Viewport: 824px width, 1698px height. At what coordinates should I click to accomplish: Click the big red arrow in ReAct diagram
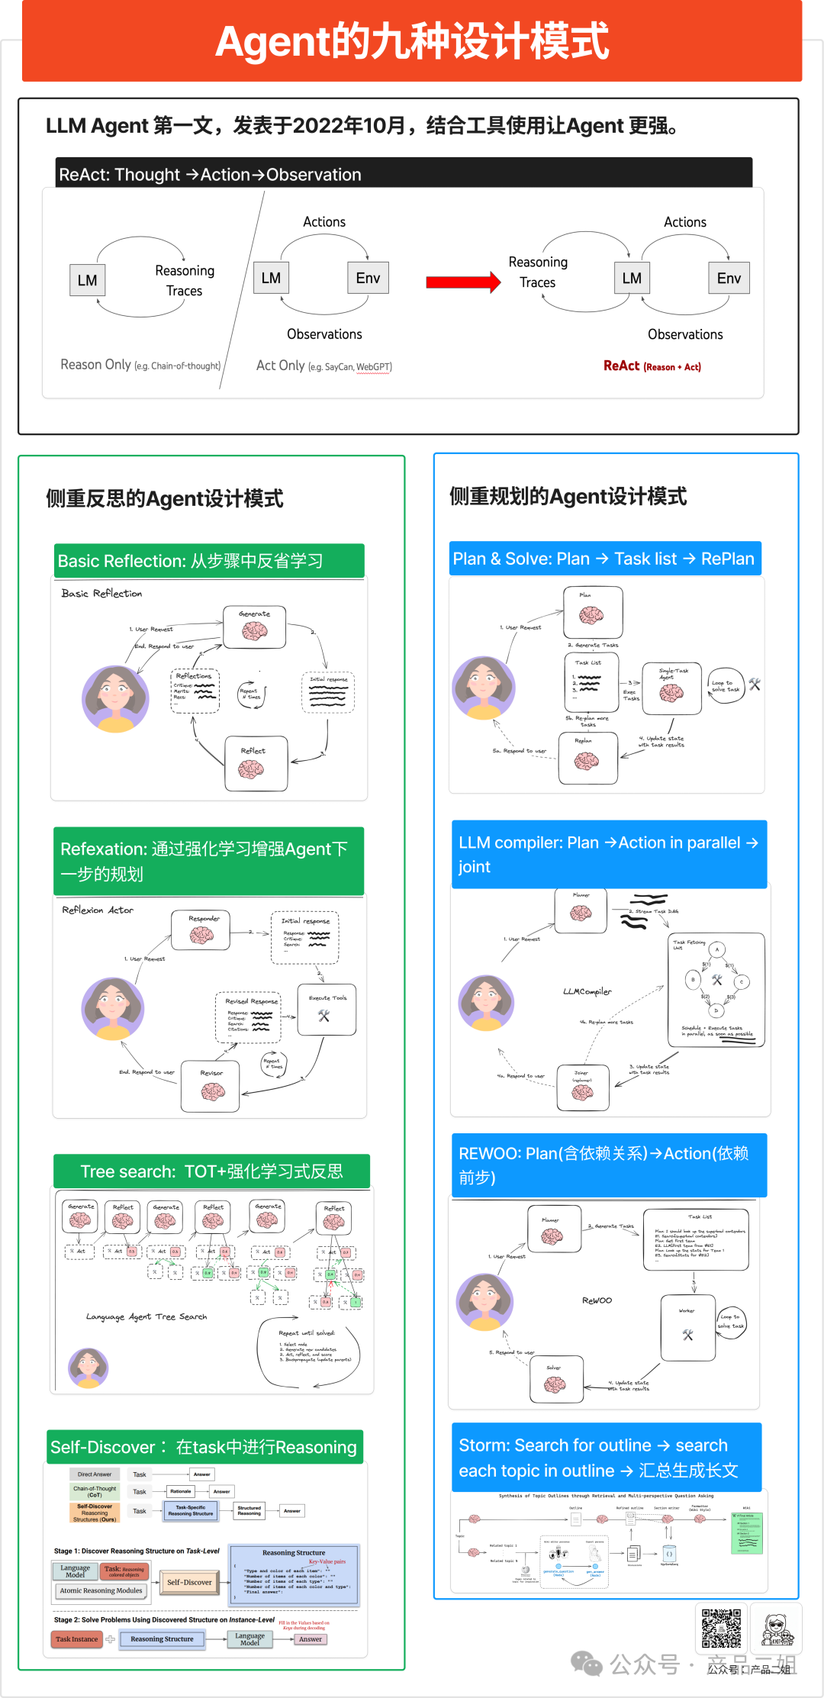pyautogui.click(x=462, y=282)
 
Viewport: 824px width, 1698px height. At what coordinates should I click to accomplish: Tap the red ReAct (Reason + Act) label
pyautogui.click(x=652, y=366)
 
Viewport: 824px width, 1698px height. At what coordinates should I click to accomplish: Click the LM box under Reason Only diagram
pyautogui.click(x=87, y=280)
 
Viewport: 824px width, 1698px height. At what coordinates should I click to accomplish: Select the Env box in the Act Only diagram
pyautogui.click(x=368, y=278)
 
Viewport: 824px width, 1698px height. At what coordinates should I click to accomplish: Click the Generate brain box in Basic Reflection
pyautogui.click(x=255, y=627)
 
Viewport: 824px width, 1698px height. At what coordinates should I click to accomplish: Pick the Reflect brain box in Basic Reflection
pyautogui.click(x=256, y=763)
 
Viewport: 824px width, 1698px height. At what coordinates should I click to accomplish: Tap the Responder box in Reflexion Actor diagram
pyautogui.click(x=201, y=930)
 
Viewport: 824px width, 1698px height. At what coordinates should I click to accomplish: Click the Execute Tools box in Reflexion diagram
pyautogui.click(x=327, y=1010)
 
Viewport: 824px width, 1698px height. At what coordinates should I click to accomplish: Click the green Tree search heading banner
pyautogui.click(x=211, y=1171)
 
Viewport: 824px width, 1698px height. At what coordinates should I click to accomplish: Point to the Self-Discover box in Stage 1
pyautogui.click(x=188, y=1582)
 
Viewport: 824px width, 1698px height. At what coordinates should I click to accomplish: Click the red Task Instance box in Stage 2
pyautogui.click(x=76, y=1638)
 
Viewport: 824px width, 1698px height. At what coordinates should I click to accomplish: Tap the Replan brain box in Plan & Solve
pyautogui.click(x=587, y=757)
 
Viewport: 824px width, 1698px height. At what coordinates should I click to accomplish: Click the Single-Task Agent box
pyautogui.click(x=671, y=688)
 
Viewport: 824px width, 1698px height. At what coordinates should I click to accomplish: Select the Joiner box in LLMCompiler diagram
pyautogui.click(x=582, y=1087)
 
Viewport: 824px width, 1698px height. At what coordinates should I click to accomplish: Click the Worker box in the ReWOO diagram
pyautogui.click(x=687, y=1328)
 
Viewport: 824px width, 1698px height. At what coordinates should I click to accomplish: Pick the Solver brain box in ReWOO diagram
pyautogui.click(x=555, y=1379)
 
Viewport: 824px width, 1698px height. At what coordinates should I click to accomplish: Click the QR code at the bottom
pyautogui.click(x=721, y=1629)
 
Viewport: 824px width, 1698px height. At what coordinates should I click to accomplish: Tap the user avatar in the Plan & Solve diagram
pyautogui.click(x=484, y=688)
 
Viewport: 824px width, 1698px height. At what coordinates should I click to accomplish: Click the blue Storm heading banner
pyautogui.click(x=606, y=1458)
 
